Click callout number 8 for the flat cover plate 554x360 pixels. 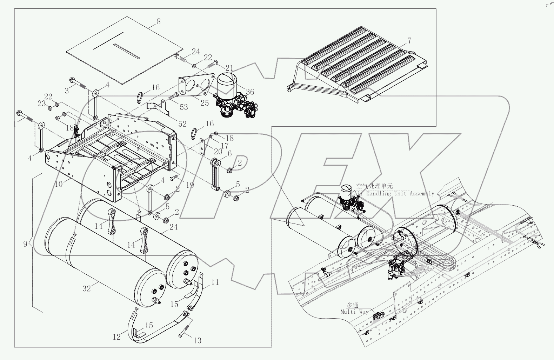(158, 22)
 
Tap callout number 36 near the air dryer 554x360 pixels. (250, 92)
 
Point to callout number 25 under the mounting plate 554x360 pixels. (205, 103)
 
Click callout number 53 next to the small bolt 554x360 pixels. (184, 107)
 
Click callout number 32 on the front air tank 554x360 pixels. (86, 288)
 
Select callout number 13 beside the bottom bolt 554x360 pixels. (197, 340)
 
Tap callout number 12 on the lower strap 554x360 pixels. (117, 337)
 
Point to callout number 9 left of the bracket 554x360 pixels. (25, 243)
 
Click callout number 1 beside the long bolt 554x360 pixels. (15, 124)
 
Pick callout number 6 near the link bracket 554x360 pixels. (229, 153)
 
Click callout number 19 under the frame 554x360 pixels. (190, 185)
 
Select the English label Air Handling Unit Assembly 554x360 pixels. (394, 193)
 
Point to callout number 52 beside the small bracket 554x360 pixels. (182, 124)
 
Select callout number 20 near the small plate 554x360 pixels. (218, 152)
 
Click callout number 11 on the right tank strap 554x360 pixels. (215, 282)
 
